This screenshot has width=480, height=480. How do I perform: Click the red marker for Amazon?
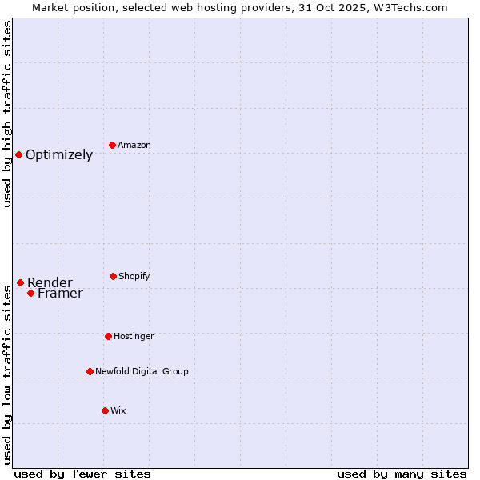(113, 145)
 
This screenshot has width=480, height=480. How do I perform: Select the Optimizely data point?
(18, 154)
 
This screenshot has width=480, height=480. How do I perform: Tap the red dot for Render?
(20, 282)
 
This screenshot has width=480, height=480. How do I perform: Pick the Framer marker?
(30, 293)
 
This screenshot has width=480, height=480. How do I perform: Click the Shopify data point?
(113, 276)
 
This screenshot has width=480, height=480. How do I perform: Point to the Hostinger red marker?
(108, 336)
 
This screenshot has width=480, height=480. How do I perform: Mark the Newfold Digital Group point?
(90, 371)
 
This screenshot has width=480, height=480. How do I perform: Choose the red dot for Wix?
(105, 410)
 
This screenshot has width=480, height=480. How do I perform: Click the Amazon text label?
(134, 145)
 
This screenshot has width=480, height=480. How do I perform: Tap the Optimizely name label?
(59, 155)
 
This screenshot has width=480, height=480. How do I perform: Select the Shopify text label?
(134, 276)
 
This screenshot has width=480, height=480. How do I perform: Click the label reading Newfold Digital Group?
(142, 371)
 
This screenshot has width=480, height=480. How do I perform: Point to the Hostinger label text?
(134, 336)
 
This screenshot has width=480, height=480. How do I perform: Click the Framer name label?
(60, 294)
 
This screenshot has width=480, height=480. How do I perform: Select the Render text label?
(50, 282)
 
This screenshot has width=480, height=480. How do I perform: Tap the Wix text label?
(118, 410)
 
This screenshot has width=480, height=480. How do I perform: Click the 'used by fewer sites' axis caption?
(82, 474)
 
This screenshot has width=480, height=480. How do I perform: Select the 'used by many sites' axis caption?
(402, 474)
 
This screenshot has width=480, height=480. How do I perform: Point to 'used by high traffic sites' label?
(7, 114)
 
